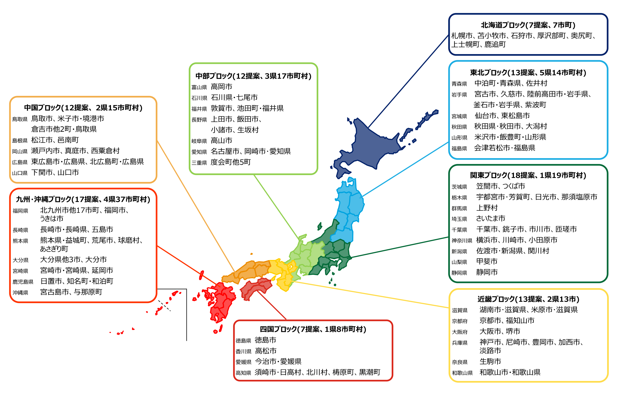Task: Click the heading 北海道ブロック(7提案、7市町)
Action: click(x=528, y=25)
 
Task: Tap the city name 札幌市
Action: click(x=462, y=36)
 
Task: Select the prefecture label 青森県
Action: click(x=459, y=84)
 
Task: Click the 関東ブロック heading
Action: click(x=528, y=175)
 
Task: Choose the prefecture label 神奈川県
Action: click(x=462, y=241)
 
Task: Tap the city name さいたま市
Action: click(x=490, y=218)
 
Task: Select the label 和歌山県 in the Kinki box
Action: click(x=462, y=373)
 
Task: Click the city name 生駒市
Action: click(x=490, y=361)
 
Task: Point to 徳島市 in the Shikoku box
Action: click(x=265, y=340)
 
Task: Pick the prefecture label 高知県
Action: click(x=243, y=373)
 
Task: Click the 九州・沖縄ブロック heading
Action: click(x=83, y=199)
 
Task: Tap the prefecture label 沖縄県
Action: click(x=20, y=293)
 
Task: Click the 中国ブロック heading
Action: click(x=83, y=108)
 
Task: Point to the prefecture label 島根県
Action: click(x=20, y=140)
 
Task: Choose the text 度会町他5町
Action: click(x=231, y=162)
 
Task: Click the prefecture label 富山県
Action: click(x=199, y=87)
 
